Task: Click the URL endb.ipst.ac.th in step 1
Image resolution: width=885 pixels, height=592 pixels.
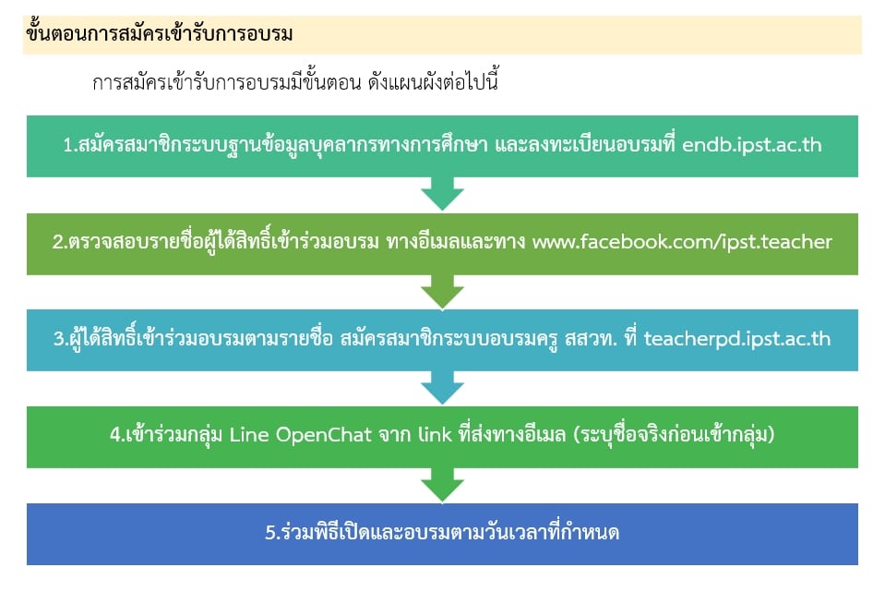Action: [x=752, y=145]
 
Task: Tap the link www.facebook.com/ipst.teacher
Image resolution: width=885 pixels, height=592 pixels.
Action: [x=682, y=242]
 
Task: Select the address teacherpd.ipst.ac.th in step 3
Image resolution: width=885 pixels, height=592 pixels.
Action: [x=737, y=339]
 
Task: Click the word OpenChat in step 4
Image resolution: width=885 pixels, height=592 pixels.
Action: [x=323, y=435]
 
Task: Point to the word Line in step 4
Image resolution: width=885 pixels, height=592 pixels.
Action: [x=249, y=435]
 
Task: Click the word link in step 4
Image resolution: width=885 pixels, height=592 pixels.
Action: [x=435, y=435]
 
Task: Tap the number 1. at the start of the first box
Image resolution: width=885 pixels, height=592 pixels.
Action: [x=70, y=145]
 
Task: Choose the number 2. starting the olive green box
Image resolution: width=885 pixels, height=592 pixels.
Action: [x=60, y=242]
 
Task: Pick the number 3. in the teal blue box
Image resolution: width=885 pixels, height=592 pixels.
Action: [x=61, y=339]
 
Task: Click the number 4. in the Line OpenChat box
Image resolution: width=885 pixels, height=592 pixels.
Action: [x=117, y=435]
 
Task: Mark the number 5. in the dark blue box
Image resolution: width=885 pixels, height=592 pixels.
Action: [x=272, y=533]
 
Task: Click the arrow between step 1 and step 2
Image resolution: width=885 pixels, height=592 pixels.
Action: [x=443, y=194]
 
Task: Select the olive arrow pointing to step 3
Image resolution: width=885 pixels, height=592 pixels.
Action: [x=443, y=292]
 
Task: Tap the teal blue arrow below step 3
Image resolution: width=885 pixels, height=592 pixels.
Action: [x=443, y=388]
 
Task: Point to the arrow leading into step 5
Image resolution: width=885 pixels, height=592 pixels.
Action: [x=443, y=485]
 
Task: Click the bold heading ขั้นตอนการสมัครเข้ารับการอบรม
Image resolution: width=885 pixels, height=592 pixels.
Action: [x=159, y=34]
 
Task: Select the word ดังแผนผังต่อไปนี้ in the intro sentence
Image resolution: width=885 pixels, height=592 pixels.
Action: [x=433, y=82]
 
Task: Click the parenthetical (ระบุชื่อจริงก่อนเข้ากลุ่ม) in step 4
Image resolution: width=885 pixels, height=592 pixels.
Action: [x=674, y=435]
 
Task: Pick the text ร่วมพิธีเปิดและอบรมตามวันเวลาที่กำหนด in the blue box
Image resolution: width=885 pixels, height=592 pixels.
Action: [x=449, y=532]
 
